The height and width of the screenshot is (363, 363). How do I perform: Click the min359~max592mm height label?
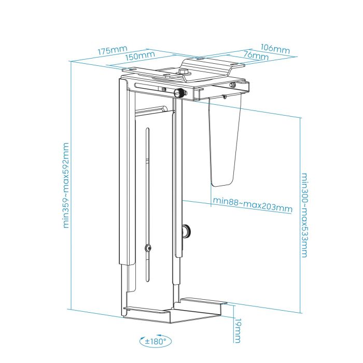(66, 185)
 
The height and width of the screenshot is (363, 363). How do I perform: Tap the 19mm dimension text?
(238, 330)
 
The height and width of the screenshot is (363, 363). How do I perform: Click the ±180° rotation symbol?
(154, 341)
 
